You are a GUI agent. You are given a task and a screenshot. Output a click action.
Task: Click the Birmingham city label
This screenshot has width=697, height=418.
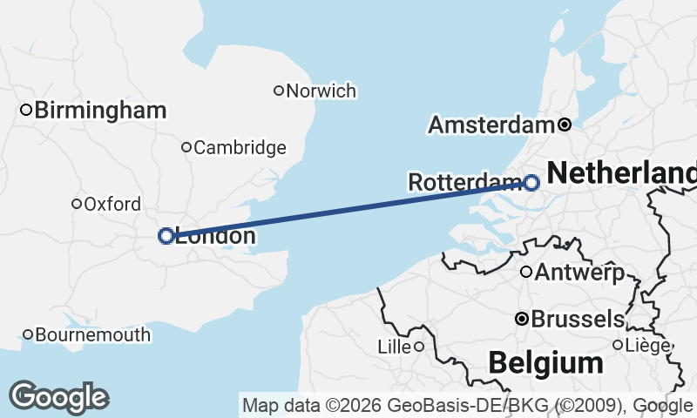click(101, 111)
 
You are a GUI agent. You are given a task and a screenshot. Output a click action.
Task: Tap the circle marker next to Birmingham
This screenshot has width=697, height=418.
click(26, 110)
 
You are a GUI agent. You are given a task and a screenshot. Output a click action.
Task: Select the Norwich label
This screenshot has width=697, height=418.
click(321, 91)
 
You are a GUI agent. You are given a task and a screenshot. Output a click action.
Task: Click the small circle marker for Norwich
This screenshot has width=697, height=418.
click(279, 90)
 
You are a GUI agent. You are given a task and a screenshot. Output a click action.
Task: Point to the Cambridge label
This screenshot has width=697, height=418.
click(240, 148)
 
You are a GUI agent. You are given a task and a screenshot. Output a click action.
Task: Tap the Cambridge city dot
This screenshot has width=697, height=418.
click(186, 147)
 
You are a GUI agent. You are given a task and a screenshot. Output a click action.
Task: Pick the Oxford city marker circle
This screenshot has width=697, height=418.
click(77, 204)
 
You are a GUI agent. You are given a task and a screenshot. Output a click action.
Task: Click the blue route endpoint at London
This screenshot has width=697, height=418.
click(166, 235)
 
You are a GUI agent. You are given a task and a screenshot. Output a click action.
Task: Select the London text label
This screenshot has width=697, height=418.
click(215, 236)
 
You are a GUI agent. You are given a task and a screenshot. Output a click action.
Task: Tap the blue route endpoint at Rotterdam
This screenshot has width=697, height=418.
click(531, 182)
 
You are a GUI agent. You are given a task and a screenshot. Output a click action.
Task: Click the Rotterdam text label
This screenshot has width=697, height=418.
click(464, 182)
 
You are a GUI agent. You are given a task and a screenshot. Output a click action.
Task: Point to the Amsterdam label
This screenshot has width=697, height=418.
click(491, 125)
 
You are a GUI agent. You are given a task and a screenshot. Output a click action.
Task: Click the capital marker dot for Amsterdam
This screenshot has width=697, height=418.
click(564, 125)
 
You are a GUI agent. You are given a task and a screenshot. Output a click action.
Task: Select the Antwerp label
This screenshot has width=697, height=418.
click(579, 273)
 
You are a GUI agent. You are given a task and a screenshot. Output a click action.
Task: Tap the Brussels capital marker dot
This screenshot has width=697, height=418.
click(521, 319)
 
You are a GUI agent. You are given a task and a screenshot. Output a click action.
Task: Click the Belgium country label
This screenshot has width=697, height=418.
click(545, 361)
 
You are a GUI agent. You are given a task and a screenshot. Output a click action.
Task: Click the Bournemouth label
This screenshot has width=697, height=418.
click(93, 335)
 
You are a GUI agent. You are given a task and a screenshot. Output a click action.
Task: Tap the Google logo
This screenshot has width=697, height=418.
click(58, 397)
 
